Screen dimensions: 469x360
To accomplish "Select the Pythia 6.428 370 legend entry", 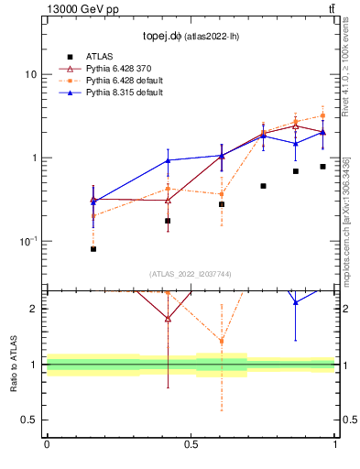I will (x=114, y=68).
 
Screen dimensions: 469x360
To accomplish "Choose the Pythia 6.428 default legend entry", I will (x=117, y=81).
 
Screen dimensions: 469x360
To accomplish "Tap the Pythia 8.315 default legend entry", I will (x=117, y=93).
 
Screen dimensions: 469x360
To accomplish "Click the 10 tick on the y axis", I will (x=32, y=74).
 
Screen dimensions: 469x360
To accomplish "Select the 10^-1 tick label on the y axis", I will (x=28, y=241).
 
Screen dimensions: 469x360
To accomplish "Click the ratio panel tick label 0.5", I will (x=30, y=420).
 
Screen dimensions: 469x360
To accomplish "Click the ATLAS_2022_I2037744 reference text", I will (x=191, y=274).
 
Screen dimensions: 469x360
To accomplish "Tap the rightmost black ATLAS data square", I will (x=322, y=167).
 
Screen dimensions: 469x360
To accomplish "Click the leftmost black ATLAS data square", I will (x=93, y=249).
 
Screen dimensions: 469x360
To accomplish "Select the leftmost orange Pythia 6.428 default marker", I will (x=93, y=216).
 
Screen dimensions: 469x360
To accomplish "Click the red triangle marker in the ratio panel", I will (x=168, y=319).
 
